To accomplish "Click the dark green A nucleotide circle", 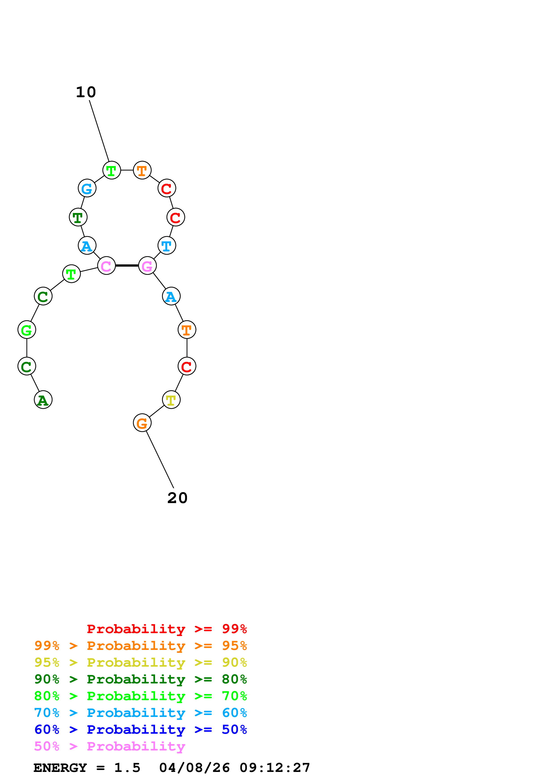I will pos(43,400).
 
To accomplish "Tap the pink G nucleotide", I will pos(147,266).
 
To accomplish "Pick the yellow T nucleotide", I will pos(171,400).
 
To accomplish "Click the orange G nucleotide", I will pos(142,423).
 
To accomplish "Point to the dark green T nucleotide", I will pos(78,217).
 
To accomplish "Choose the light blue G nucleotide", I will pos(87,188).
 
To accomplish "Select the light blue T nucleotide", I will pos(166,246).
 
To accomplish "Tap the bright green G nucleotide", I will pos(27,330).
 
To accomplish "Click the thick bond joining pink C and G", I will pos(127,265).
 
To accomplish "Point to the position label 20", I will pos(177,498).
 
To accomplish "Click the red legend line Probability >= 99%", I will pos(166,629).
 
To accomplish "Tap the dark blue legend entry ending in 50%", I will pos(140,729).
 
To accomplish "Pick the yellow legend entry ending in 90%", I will pos(140,662).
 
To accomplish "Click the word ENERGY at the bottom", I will pos(60,768).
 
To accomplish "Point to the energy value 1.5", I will pos(127,768).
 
